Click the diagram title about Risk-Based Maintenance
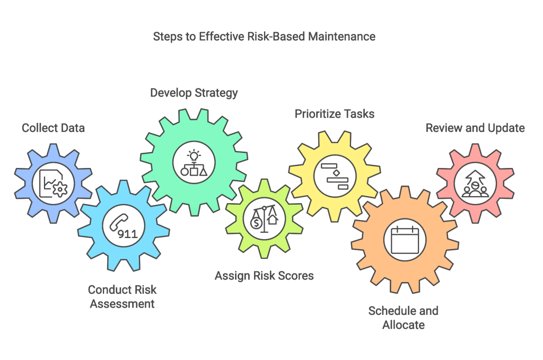pos(264,37)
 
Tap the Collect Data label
pos(53,128)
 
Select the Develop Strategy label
pos(194,93)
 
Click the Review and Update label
pos(476,128)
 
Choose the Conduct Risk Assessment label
pos(122,297)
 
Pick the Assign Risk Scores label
pos(264,276)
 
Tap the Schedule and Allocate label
pos(404,317)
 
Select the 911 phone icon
pos(122,225)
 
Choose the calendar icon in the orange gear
pos(405,240)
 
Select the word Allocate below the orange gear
pos(404,324)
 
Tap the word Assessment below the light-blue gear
pos(122,304)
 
